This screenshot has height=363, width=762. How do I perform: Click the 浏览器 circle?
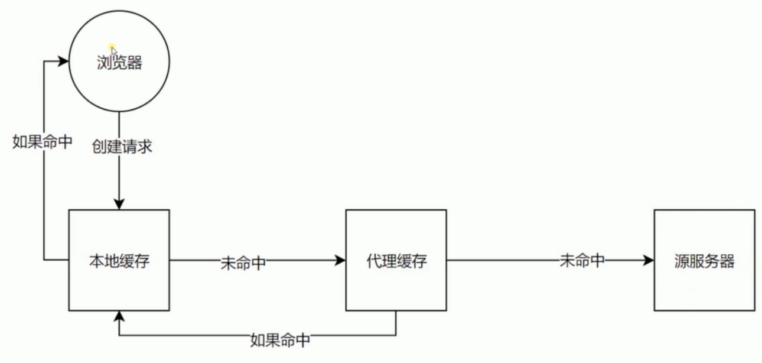[x=119, y=62]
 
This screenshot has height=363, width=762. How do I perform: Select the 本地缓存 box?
[x=119, y=260]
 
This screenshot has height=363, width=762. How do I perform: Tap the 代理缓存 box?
[x=396, y=260]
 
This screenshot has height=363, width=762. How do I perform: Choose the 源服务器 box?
[x=704, y=260]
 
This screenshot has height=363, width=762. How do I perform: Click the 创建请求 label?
[x=122, y=147]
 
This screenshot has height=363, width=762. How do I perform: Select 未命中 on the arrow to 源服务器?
[x=582, y=261]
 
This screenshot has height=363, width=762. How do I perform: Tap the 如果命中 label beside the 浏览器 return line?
[x=43, y=142]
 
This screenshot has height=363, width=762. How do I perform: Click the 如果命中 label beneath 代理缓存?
[x=281, y=340]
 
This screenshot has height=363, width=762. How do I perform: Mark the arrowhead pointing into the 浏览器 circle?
[x=64, y=61]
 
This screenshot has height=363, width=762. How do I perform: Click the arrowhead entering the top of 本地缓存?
[x=119, y=205]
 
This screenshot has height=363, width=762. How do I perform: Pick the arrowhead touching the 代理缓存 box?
[x=341, y=260]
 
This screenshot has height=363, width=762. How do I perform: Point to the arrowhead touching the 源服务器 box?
[x=649, y=260]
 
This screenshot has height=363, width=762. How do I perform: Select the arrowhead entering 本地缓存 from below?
[x=119, y=316]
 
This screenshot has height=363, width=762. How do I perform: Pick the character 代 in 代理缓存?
[x=373, y=261]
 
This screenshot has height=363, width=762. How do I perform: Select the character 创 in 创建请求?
[x=99, y=147]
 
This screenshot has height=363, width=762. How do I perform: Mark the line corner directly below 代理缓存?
[x=396, y=336]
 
